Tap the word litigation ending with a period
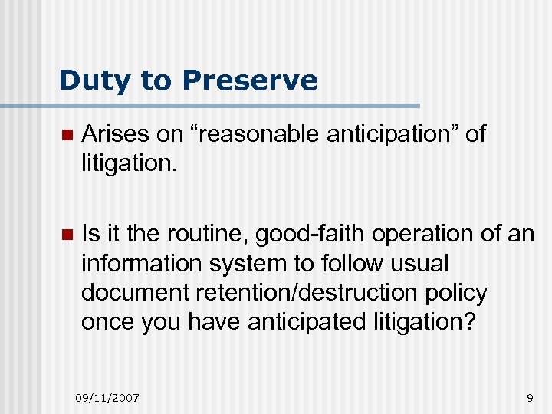point(129,164)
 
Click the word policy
point(458,292)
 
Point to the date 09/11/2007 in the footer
point(107,397)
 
